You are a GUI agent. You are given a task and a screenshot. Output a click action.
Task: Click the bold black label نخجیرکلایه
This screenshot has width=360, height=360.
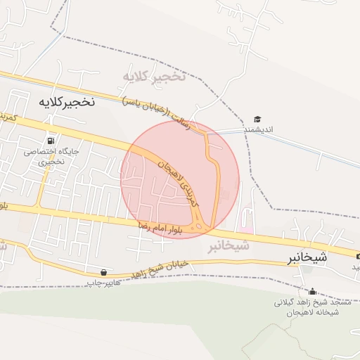point(65,102)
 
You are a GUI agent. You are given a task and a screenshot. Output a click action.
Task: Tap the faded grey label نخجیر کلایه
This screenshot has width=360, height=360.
point(154,76)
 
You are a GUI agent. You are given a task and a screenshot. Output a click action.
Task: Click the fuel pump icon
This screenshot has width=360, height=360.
point(50,139)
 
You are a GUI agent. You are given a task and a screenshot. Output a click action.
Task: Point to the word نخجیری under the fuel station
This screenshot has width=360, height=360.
point(51,161)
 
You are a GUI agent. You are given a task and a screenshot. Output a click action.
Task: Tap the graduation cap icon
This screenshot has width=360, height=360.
point(257,119)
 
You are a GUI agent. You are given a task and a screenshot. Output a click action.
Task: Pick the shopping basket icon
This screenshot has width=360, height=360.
point(104,271)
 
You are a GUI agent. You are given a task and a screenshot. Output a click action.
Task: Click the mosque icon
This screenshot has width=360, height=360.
point(312,291)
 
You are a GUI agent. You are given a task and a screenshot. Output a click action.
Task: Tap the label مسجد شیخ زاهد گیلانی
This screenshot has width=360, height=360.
point(307,302)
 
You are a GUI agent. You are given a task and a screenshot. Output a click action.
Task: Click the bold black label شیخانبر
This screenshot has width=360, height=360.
point(306,258)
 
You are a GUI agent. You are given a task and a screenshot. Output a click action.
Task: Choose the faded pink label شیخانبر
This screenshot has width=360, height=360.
point(229,246)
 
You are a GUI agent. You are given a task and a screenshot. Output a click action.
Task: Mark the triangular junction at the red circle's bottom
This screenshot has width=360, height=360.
point(200,226)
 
